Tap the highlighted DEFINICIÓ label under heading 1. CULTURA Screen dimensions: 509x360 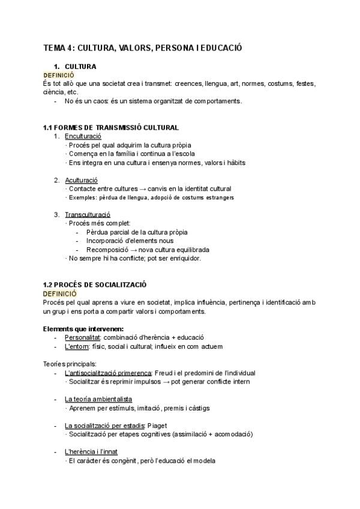click(x=59, y=75)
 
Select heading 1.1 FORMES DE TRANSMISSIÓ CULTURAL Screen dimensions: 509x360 click(x=111, y=128)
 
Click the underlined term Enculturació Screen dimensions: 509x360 click(x=83, y=136)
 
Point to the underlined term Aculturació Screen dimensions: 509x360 click(x=81, y=180)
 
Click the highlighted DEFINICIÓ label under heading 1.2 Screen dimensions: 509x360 click(x=59, y=294)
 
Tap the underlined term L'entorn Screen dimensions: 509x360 click(x=77, y=346)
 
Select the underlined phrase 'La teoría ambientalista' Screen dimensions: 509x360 click(x=98, y=399)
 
